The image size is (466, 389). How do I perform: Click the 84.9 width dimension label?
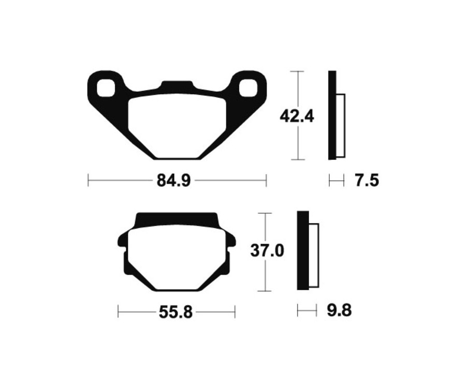174,181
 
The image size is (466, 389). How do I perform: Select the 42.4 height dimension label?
297,116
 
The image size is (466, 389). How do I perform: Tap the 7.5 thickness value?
367,181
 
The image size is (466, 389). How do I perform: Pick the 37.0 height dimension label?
267,251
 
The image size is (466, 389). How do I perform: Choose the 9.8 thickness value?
340,311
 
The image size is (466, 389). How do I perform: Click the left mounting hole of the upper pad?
107,87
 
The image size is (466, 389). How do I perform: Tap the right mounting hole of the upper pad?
247,87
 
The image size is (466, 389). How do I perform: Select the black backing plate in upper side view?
332,115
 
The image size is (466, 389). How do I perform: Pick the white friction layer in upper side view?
341,126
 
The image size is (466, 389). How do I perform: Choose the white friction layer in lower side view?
314,256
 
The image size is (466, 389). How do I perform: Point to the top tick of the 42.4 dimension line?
297,71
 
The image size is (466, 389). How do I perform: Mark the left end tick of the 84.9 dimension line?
89,181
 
